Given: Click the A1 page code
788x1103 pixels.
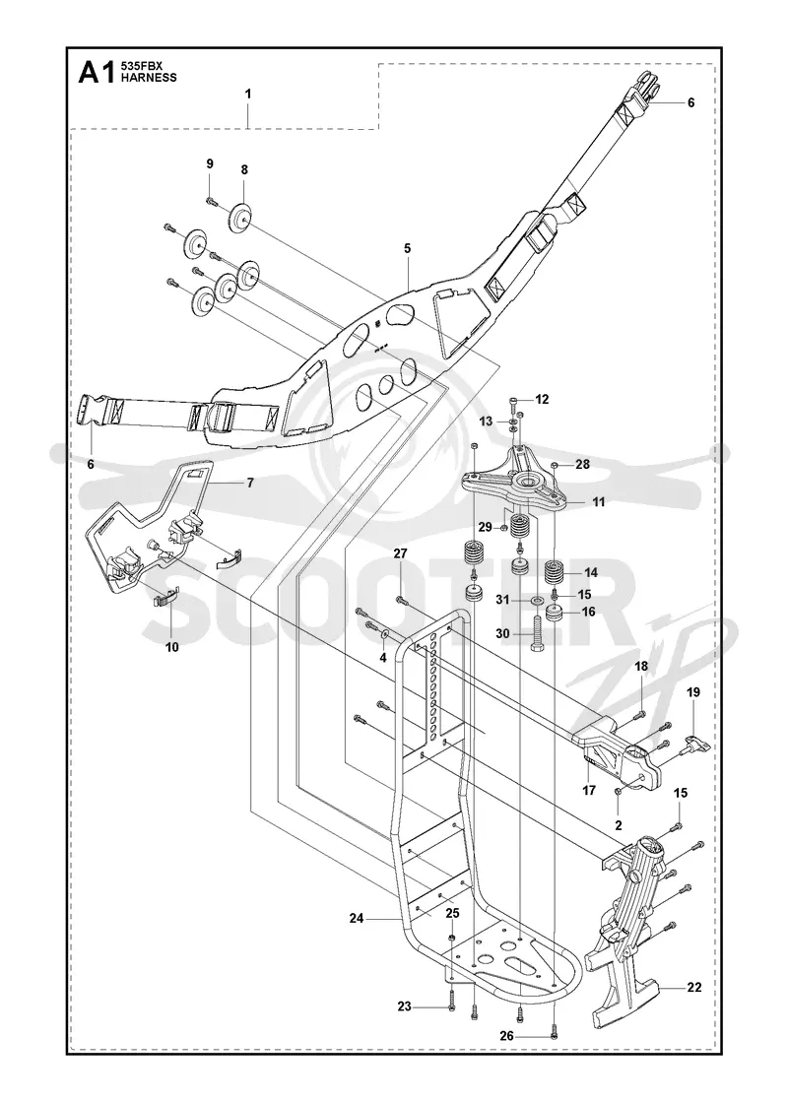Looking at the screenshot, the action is (95, 73).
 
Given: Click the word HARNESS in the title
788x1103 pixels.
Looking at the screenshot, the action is (139, 78).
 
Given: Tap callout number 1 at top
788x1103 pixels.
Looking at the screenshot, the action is (248, 94).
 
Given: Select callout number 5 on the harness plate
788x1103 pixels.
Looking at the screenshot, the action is (408, 248).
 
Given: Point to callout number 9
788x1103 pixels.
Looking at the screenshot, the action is (210, 163).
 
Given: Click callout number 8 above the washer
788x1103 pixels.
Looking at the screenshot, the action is (244, 169).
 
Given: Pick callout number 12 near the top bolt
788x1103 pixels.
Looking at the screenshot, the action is (542, 400).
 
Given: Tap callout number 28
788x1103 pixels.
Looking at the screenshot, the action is (582, 464).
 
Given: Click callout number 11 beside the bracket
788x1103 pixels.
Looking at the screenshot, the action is (599, 502).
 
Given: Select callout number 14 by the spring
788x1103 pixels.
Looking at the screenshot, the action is (591, 572).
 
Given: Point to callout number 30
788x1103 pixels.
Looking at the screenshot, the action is (502, 633).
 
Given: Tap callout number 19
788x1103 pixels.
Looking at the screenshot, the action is (693, 692).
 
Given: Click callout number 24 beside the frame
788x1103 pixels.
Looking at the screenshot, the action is (357, 918).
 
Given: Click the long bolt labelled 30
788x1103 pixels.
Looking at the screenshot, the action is (539, 635).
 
